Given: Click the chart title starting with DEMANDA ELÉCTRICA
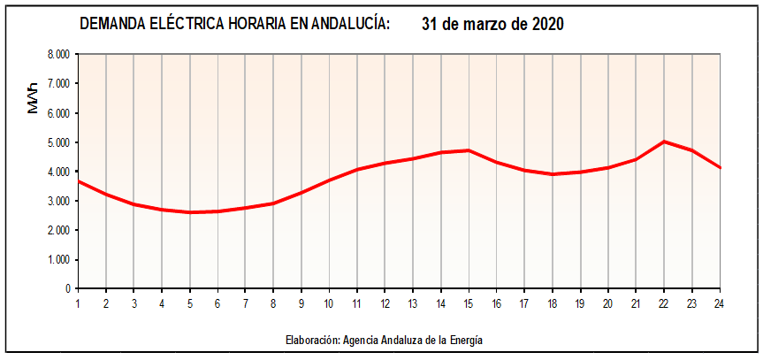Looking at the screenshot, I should [233, 24].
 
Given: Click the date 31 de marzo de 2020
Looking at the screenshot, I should [492, 24].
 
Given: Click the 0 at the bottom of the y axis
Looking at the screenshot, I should [67, 288].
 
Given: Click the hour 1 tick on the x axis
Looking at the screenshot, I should [79, 303].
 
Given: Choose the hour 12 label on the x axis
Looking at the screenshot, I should [385, 303].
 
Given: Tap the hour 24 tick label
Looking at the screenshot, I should [719, 303].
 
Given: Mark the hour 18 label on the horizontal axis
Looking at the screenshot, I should [552, 303].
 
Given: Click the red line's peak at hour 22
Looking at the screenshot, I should [664, 142].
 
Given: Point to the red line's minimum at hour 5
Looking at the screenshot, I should [190, 212].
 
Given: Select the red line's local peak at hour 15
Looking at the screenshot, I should [469, 150].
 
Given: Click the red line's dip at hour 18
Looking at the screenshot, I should [552, 174].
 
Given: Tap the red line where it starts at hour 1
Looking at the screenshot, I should [79, 180].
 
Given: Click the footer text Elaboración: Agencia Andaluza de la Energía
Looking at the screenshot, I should [385, 340].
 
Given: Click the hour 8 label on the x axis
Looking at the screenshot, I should [273, 303].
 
